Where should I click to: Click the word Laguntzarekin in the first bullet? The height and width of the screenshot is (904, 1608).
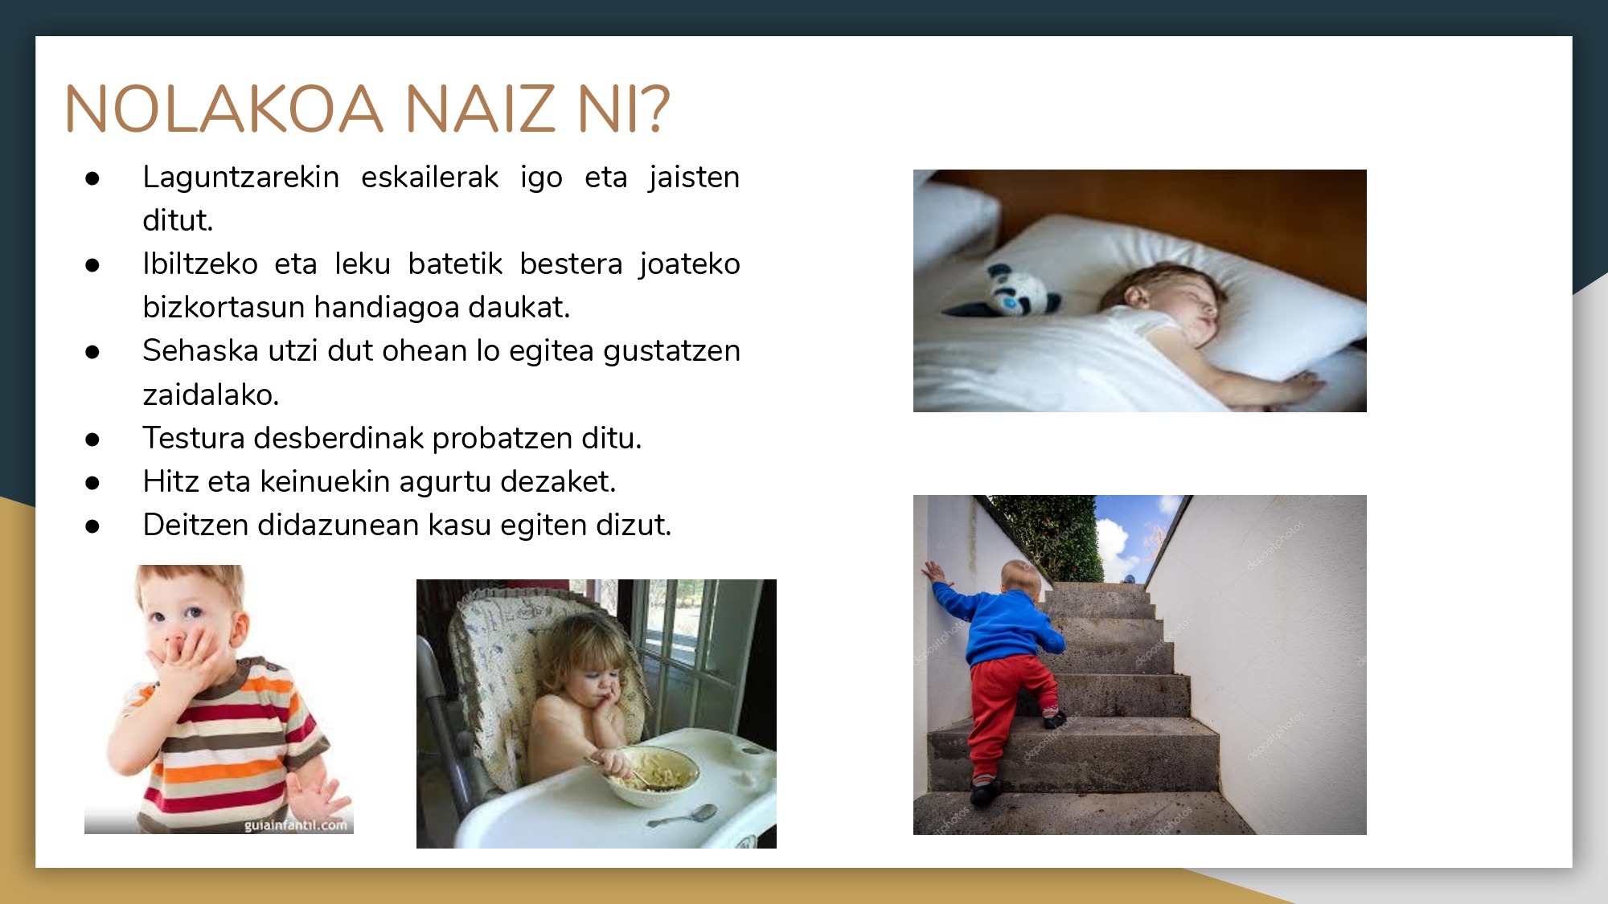click(241, 178)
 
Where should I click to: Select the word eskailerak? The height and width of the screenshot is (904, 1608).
click(429, 177)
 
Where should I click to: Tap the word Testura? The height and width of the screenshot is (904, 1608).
click(194, 438)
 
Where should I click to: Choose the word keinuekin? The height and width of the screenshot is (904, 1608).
click(325, 481)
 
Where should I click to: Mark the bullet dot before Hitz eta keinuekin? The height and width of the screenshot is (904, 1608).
click(92, 483)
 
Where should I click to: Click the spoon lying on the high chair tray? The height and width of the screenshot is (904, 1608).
click(683, 816)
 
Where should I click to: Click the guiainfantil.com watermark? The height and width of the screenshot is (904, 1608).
click(296, 825)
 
